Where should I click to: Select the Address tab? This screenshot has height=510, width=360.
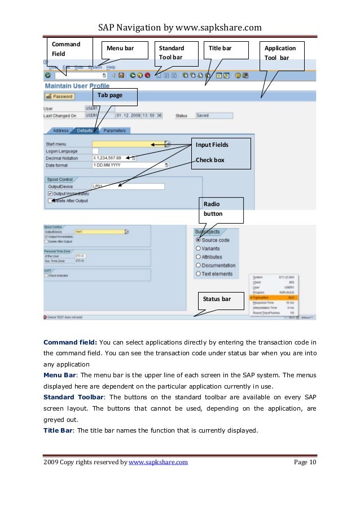pos(60,130)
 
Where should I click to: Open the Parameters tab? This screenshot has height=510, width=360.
pos(114,130)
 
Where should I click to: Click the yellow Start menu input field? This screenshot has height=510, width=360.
pos(128,145)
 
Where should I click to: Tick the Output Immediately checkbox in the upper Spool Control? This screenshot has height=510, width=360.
pos(50,194)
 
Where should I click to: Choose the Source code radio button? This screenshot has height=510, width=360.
pos(198,240)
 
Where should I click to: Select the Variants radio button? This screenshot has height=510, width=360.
pos(198,249)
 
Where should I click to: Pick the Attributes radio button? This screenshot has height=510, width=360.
pos(198,257)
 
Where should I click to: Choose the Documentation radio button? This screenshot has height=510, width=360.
pos(198,265)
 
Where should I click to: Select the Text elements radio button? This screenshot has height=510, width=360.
pos(198,274)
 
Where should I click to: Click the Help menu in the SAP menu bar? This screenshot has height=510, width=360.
pos(111,67)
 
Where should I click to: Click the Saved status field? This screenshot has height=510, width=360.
pos(213,116)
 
